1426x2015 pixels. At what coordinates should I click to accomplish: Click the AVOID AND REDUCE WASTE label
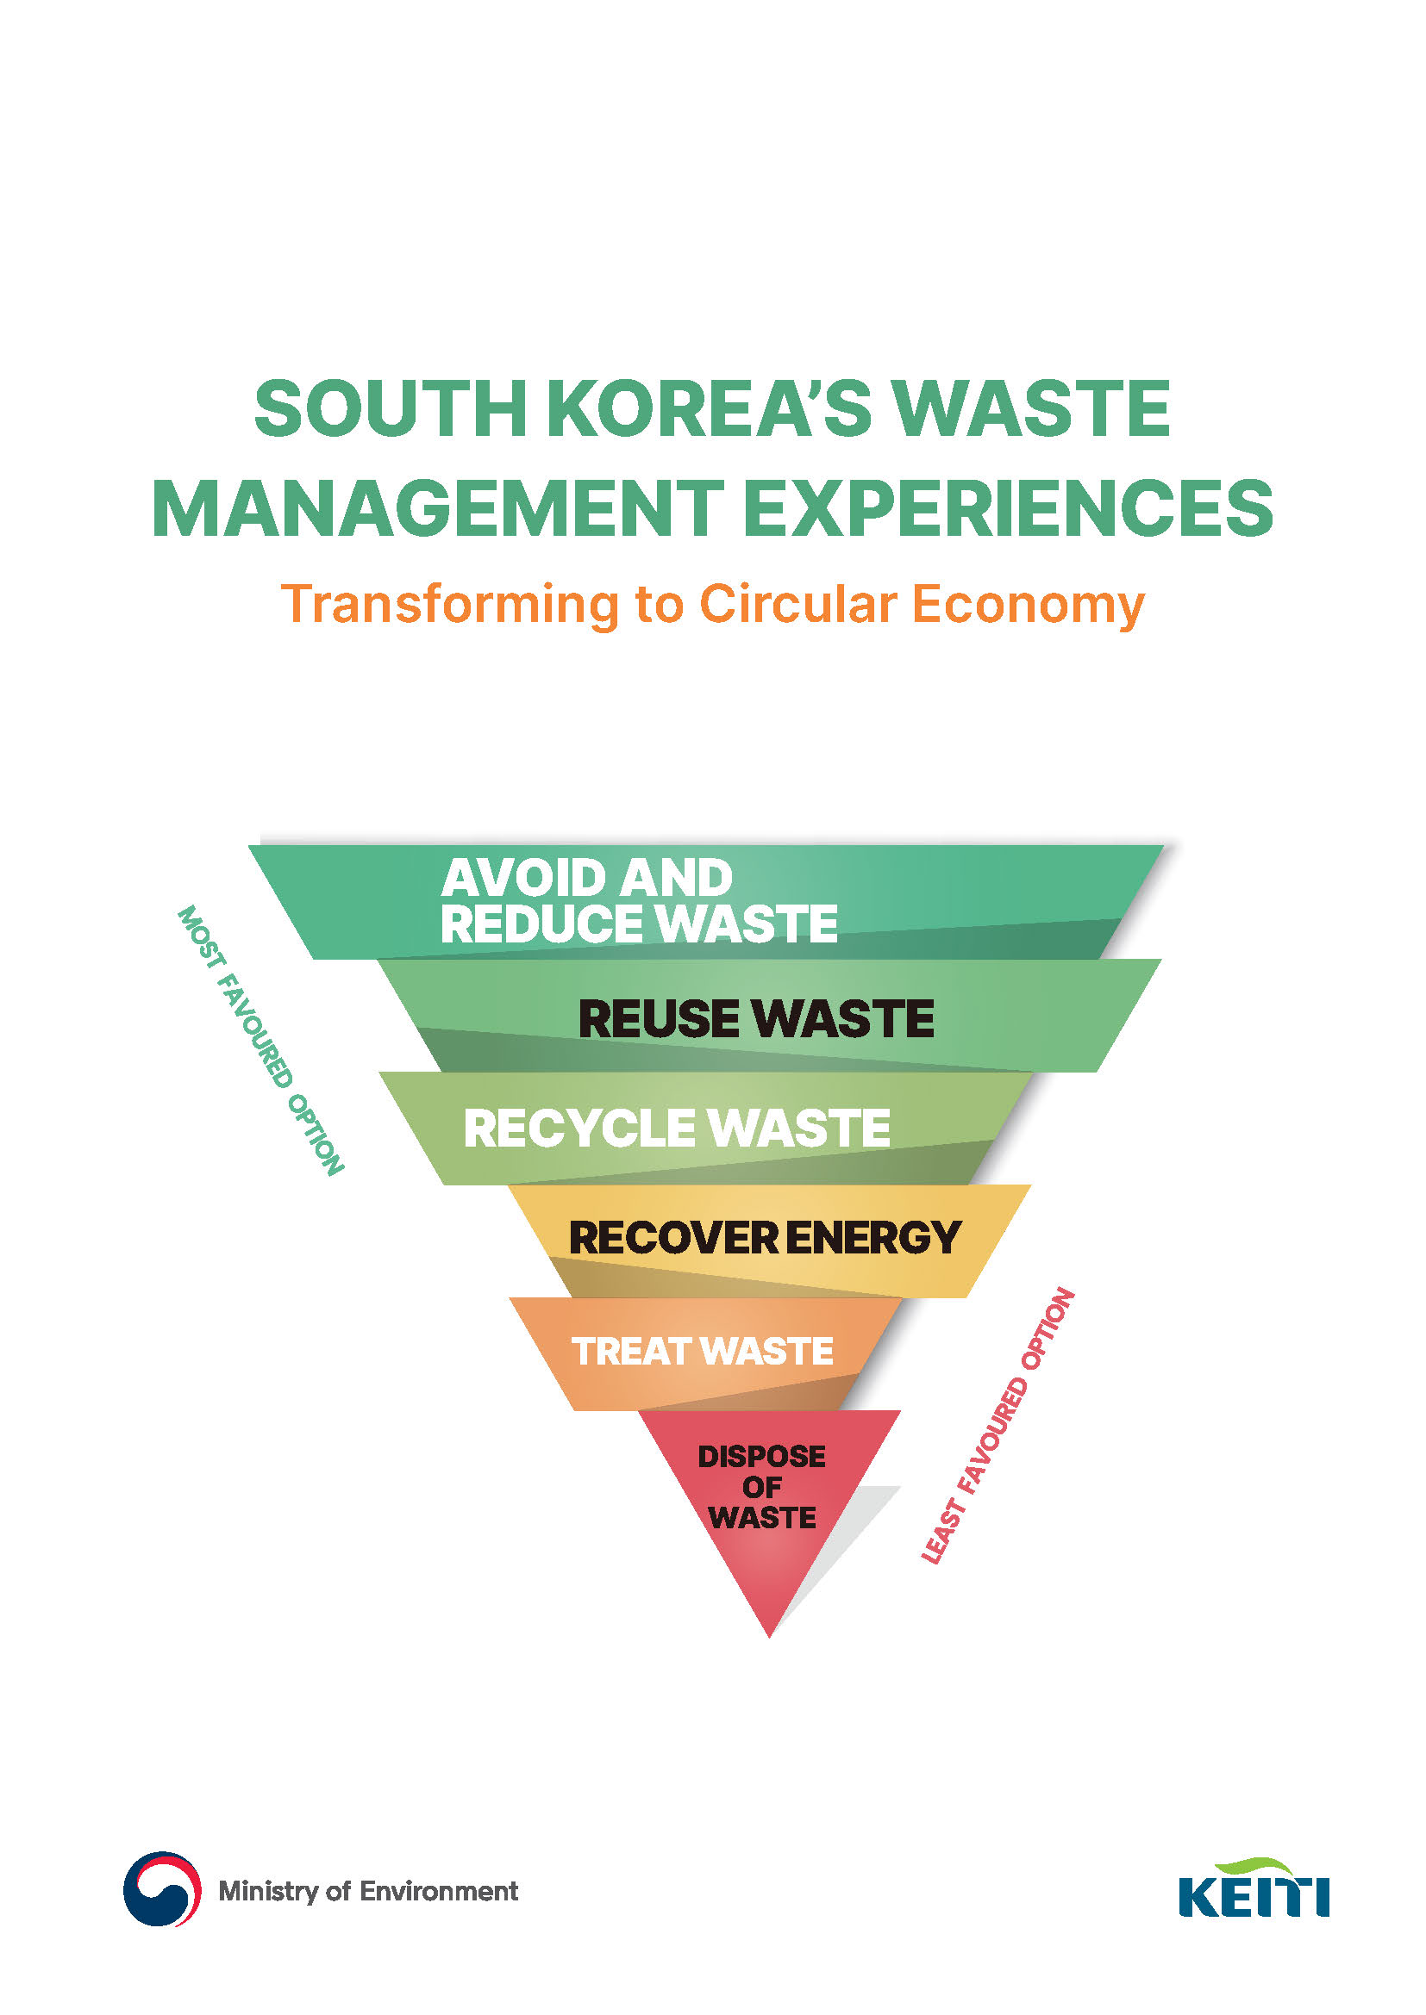point(639,901)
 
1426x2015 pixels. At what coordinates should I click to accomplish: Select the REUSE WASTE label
point(756,1018)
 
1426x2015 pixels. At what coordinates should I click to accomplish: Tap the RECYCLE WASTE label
point(676,1128)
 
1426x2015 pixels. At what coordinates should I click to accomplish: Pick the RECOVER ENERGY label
point(765,1237)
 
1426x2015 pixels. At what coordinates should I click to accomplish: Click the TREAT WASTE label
point(703,1352)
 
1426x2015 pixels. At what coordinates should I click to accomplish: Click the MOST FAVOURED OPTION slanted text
point(260,1040)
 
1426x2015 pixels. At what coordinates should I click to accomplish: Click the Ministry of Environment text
point(368,1890)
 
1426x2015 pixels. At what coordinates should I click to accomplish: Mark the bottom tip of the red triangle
point(769,1637)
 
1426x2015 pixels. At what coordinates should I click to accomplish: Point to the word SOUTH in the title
point(391,409)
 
